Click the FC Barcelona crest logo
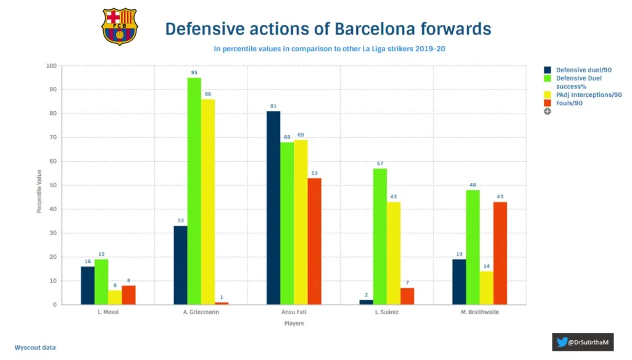[x=120, y=27]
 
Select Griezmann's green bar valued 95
[x=194, y=191]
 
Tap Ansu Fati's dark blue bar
[x=273, y=207]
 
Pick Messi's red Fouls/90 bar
[x=128, y=295]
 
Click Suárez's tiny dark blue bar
[x=366, y=302]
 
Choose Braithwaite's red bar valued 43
[x=500, y=253]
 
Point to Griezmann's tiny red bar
[x=221, y=303]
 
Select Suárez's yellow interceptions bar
[x=393, y=253]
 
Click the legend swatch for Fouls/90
[x=547, y=103]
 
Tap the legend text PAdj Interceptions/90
[x=589, y=94]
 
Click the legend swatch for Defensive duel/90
[x=547, y=70]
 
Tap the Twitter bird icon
[x=562, y=341]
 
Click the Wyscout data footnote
[x=35, y=348]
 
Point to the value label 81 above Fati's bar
[x=273, y=106]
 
